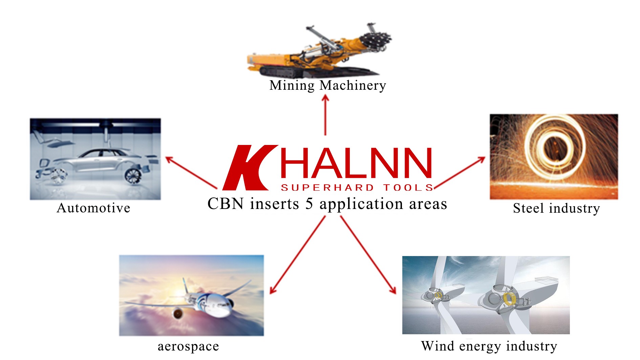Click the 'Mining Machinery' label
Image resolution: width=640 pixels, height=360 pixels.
(327, 85)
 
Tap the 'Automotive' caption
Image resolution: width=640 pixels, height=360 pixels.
(93, 208)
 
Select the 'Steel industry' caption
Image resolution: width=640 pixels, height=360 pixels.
(556, 208)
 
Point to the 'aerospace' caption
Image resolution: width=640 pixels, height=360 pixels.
(188, 346)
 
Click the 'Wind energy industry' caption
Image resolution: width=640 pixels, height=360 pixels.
(489, 346)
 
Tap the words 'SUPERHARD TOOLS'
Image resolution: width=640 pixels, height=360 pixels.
(357, 188)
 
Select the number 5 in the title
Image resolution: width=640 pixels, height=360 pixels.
(309, 204)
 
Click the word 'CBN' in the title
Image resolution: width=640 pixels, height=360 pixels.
(226, 204)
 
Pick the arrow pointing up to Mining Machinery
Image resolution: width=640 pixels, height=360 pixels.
(325, 115)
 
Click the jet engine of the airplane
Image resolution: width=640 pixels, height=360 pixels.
(177, 313)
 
